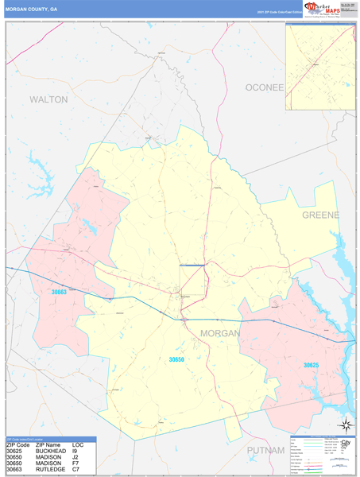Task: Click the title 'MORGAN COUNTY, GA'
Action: coord(31,10)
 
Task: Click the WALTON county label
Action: coord(48,99)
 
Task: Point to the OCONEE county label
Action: coord(264,87)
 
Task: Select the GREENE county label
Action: coord(319,215)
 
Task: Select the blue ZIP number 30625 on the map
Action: coord(315,365)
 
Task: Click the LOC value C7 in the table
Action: coord(76,471)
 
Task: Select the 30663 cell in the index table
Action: coord(17,471)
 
